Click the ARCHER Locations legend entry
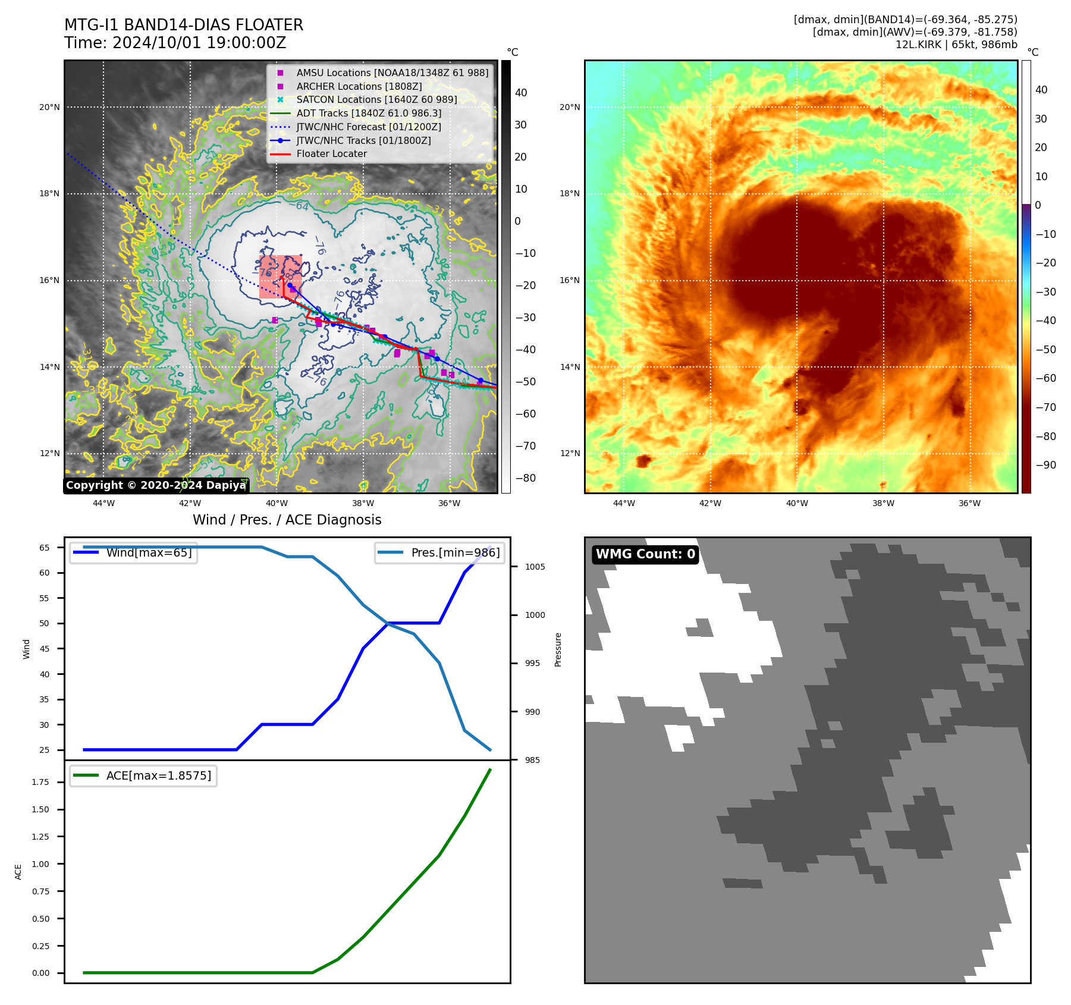point(359,86)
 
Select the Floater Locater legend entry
point(331,153)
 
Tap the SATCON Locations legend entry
point(376,99)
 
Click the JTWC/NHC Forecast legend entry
point(368,127)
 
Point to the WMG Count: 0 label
point(645,554)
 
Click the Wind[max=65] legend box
point(133,552)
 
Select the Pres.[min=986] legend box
point(440,552)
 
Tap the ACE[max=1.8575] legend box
point(143,775)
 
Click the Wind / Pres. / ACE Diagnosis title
point(287,520)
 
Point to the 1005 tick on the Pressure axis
point(535,567)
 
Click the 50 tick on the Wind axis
point(45,623)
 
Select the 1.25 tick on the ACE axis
point(40,837)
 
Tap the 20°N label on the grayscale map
point(49,108)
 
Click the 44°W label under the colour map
point(624,503)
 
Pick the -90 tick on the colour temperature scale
point(1045,465)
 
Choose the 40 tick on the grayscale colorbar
point(521,93)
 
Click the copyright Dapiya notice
point(156,485)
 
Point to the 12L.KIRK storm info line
point(956,45)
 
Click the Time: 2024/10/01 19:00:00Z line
point(175,43)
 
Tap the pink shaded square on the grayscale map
point(280,277)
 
